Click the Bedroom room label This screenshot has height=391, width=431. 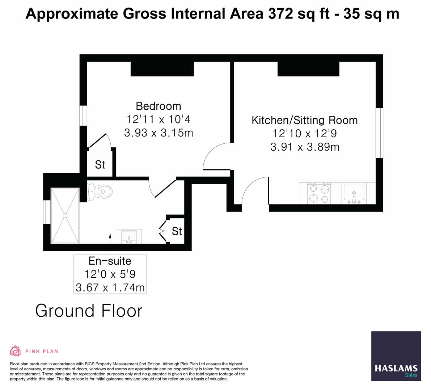[x=159, y=106]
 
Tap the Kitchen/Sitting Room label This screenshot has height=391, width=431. [x=305, y=120]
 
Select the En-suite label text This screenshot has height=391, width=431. [x=110, y=261]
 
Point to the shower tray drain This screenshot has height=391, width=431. [x=65, y=215]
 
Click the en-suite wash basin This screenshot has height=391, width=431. [x=129, y=236]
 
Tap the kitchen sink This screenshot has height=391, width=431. [x=354, y=194]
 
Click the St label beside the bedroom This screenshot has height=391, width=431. [x=100, y=164]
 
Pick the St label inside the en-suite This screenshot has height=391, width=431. [x=177, y=231]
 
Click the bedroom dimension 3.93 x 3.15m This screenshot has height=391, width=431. [x=159, y=133]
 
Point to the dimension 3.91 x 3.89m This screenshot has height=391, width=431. [x=305, y=147]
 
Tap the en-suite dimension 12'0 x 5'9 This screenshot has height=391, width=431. [x=110, y=274]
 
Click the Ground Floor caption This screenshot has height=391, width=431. [x=89, y=311]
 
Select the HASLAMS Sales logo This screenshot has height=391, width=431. [x=396, y=356]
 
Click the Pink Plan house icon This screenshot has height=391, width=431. [x=16, y=351]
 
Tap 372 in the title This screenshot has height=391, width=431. [x=280, y=14]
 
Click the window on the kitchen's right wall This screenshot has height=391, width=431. [x=379, y=133]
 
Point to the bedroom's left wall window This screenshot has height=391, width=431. [x=83, y=116]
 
